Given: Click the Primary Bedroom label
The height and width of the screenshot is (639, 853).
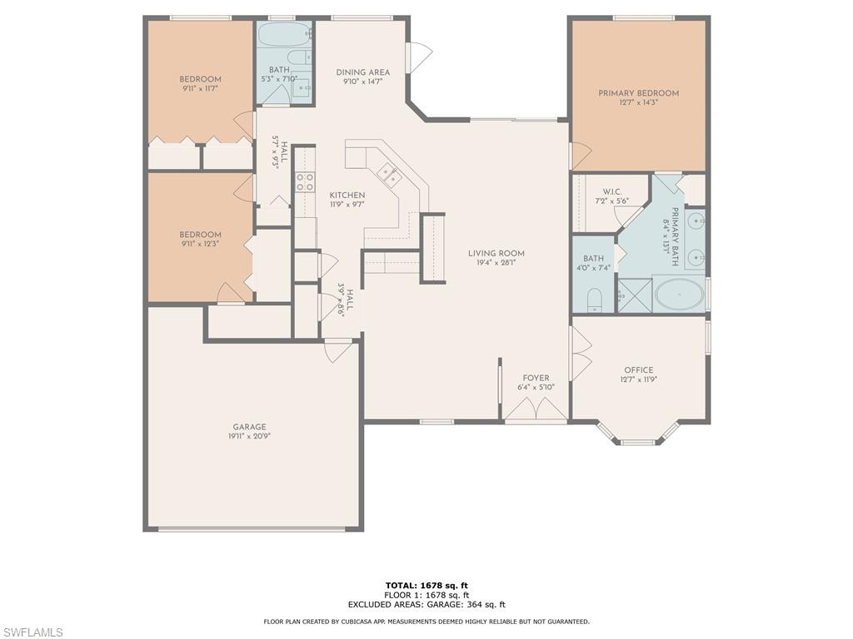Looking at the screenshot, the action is pyautogui.click(x=639, y=93).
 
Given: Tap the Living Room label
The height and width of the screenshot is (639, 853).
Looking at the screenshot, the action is pyautogui.click(x=496, y=253).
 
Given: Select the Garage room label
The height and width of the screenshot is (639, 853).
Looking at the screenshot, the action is pyautogui.click(x=250, y=427).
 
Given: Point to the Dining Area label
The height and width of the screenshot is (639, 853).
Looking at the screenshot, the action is pyautogui.click(x=363, y=72).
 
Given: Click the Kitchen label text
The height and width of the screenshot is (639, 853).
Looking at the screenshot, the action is pyautogui.click(x=347, y=195).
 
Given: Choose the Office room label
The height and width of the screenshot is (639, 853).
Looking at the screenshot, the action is pyautogui.click(x=639, y=370).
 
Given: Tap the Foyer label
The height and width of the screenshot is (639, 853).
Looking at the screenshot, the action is pyautogui.click(x=536, y=379).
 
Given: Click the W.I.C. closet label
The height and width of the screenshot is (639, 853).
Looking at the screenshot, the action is pyautogui.click(x=612, y=192).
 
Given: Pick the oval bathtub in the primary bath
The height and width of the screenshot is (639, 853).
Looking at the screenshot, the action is pyautogui.click(x=680, y=295).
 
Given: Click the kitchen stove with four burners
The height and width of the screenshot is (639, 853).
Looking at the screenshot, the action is pyautogui.click(x=305, y=181).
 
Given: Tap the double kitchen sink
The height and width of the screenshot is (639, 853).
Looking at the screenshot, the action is pyautogui.click(x=390, y=175).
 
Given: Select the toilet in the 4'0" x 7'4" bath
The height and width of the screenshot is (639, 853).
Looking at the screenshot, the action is pyautogui.click(x=594, y=300).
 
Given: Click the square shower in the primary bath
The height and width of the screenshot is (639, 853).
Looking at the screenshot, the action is pyautogui.click(x=634, y=295).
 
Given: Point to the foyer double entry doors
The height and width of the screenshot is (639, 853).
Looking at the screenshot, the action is pyautogui.click(x=536, y=409).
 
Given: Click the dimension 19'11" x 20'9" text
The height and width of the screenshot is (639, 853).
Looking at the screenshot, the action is pyautogui.click(x=250, y=436).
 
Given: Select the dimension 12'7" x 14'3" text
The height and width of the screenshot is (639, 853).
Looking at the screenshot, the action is pyautogui.click(x=639, y=102).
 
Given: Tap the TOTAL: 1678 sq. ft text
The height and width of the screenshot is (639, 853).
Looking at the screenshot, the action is pyautogui.click(x=426, y=585).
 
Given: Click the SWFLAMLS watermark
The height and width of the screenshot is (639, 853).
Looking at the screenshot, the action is pyautogui.click(x=32, y=632).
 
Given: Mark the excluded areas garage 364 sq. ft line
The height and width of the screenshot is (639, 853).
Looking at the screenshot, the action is pyautogui.click(x=426, y=604).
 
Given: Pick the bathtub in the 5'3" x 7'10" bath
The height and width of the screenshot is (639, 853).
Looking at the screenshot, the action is pyautogui.click(x=285, y=35).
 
